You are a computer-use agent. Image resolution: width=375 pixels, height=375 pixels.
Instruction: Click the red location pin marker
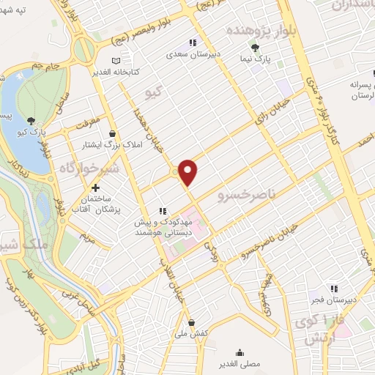189,171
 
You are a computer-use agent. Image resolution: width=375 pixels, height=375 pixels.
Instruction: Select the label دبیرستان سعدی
193,53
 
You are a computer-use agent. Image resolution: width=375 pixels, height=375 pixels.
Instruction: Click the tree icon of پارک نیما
254,48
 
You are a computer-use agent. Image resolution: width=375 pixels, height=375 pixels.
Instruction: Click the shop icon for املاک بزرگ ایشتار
111,133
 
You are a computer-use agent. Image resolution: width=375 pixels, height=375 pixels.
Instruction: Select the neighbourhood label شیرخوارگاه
85,170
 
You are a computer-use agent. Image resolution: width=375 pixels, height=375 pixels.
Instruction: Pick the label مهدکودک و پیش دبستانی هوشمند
162,226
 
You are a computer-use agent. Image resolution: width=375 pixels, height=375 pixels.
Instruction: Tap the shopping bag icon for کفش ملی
191,322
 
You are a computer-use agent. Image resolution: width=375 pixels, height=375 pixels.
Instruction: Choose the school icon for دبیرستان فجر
334,289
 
